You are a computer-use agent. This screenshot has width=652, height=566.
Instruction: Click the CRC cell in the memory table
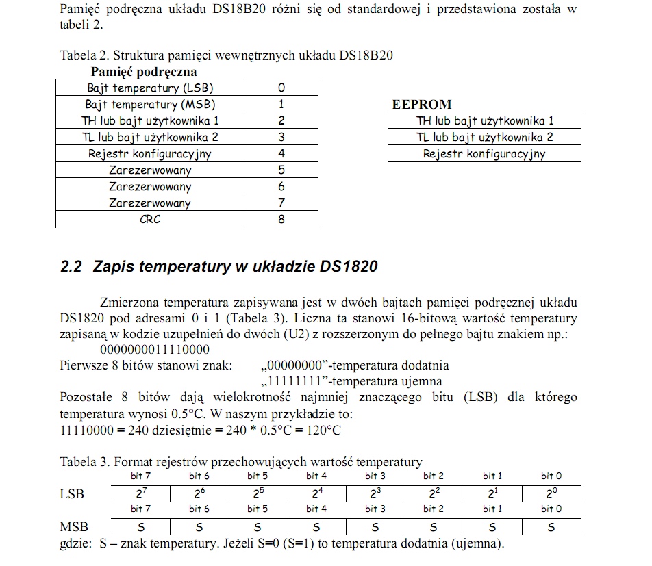tap(149, 220)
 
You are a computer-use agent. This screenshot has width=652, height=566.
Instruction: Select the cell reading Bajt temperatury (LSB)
tap(149, 88)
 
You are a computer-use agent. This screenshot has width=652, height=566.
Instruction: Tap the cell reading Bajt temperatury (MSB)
tap(149, 105)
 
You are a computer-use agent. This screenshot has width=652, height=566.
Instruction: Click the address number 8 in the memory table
tap(281, 220)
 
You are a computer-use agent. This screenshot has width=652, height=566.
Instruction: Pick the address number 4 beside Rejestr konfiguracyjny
tap(281, 154)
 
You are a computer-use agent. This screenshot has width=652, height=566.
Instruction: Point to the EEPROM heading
tap(421, 105)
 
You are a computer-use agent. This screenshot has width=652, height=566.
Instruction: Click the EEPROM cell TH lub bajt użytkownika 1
tap(484, 121)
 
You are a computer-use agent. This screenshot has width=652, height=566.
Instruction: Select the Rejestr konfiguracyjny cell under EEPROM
tap(484, 154)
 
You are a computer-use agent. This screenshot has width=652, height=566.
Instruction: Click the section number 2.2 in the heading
tap(71, 267)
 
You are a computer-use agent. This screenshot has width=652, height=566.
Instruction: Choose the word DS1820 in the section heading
tap(348, 267)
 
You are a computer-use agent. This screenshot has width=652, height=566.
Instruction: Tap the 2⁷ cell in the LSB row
tap(140, 493)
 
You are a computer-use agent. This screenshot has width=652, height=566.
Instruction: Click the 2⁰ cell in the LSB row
tap(551, 493)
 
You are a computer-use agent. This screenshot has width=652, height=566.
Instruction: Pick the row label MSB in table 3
tap(74, 527)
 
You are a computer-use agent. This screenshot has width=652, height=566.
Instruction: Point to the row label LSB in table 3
tap(72, 494)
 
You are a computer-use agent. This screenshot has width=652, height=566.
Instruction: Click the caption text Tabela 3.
tap(84, 462)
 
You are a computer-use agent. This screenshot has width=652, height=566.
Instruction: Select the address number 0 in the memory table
tap(281, 88)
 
